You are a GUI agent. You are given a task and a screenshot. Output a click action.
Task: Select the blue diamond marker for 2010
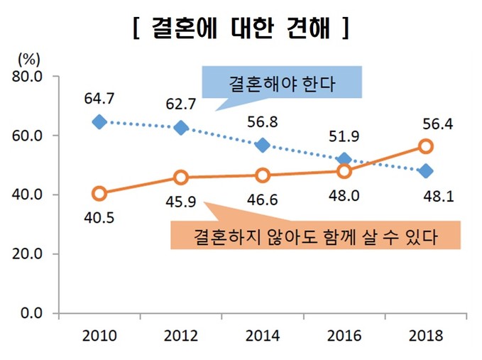[x=99, y=122]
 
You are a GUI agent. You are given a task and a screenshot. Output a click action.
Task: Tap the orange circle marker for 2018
[x=426, y=146]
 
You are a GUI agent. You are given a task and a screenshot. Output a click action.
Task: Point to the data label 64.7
[x=99, y=99]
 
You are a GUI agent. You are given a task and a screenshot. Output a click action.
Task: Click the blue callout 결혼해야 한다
[x=282, y=83]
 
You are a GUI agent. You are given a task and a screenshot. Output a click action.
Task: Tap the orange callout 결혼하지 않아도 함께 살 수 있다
[x=314, y=235]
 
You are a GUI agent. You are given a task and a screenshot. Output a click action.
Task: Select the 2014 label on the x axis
[x=263, y=335]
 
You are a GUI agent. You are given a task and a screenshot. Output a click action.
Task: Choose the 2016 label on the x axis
[x=344, y=335]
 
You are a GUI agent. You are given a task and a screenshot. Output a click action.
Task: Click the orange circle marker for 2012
[x=181, y=178]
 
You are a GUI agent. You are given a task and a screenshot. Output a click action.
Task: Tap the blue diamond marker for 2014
[x=263, y=145]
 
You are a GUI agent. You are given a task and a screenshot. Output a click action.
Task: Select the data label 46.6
[x=263, y=198]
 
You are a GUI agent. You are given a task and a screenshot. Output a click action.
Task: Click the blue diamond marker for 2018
[x=426, y=170]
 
